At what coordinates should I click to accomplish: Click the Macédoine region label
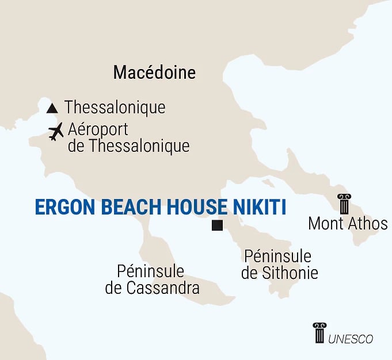pos(154,72)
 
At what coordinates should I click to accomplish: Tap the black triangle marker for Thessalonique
pos(52,108)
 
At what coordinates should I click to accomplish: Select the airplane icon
pos(56,132)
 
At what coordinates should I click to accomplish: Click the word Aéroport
pos(98,129)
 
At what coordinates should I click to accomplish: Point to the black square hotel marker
pos(217,225)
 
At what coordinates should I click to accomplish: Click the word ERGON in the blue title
pos(62,208)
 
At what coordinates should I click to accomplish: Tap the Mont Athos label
pos(348,224)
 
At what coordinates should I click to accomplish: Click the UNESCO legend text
pos(351,339)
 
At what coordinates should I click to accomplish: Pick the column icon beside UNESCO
pos(319,333)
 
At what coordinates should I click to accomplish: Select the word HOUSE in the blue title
pos(193,208)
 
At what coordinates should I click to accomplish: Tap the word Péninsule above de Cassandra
pos(150,271)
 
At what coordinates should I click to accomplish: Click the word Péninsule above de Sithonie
pos(277,256)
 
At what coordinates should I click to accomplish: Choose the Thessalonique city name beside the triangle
pos(115,108)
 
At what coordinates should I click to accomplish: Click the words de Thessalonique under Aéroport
pos(128,146)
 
